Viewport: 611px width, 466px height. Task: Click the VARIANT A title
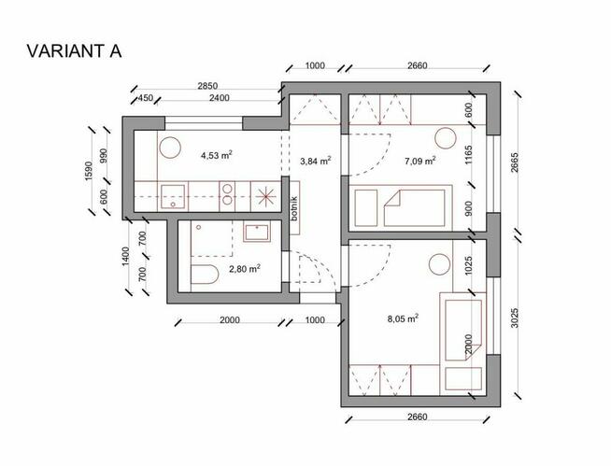(74, 51)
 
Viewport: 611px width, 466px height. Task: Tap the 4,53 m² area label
(217, 155)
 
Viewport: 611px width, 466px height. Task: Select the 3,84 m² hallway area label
(316, 161)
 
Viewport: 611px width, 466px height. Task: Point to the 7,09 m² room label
(420, 161)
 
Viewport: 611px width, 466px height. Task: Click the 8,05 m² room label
(403, 318)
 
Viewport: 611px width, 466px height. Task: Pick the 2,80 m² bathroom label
(245, 268)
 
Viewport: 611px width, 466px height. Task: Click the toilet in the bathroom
(205, 275)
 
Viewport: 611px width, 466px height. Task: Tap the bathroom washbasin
(256, 233)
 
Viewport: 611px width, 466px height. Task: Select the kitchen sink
(173, 197)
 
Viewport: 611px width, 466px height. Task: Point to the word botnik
(294, 208)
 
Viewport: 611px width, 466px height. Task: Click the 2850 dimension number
(207, 86)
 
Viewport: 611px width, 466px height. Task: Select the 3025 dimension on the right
(515, 318)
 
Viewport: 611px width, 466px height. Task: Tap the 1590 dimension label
(89, 171)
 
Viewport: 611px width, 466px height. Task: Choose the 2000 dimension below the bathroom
(230, 320)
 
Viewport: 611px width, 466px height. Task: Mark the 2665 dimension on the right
(515, 162)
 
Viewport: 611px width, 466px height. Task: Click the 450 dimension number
(146, 98)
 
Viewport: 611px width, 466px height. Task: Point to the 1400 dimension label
(125, 257)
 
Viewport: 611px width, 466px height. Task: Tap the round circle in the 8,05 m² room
(439, 265)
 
